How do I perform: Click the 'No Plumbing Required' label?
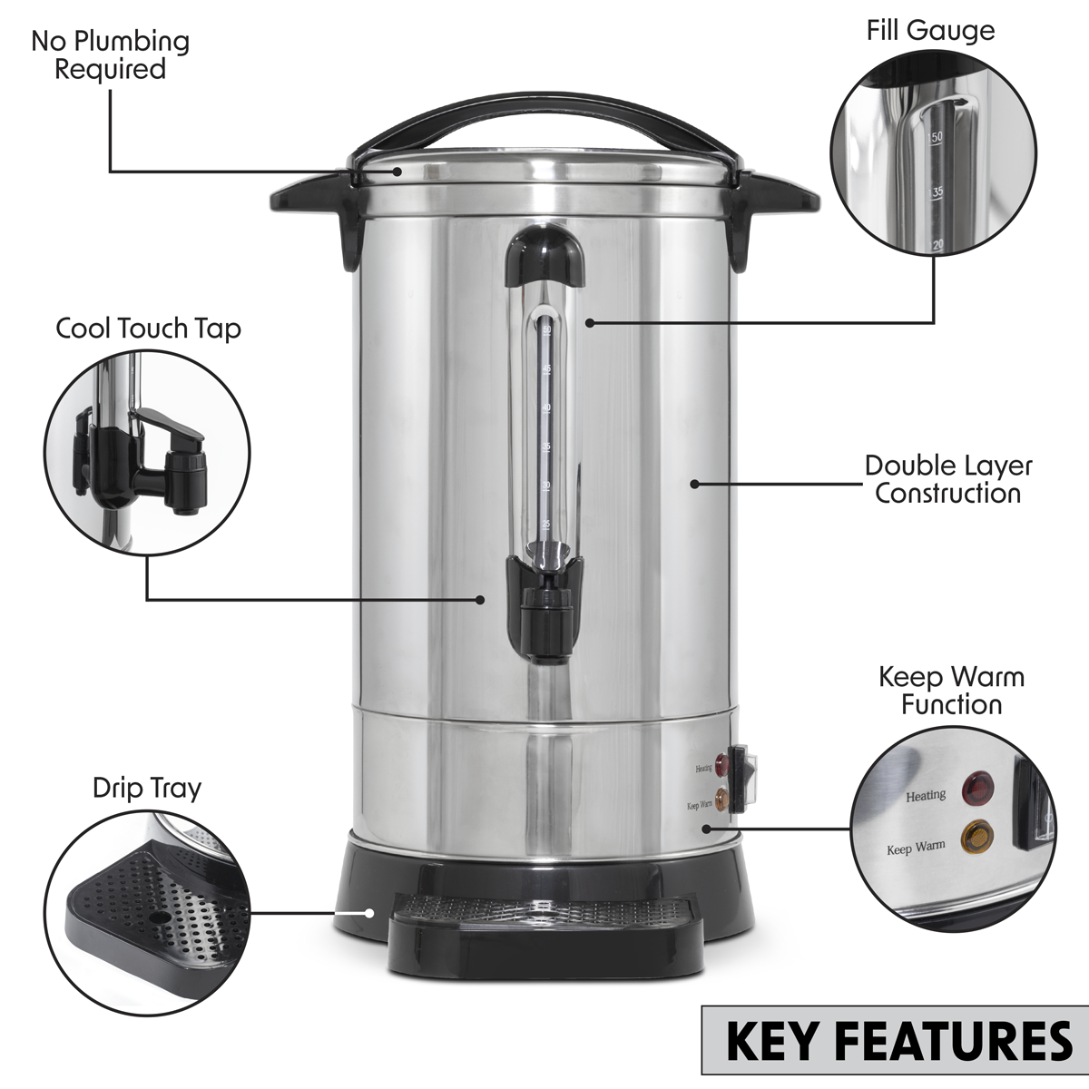coord(110,54)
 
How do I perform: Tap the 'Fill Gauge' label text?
coord(929,30)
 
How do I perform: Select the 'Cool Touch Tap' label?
coord(149,328)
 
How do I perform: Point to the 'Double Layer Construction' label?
coord(947,479)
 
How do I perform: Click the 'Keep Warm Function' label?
coord(951,690)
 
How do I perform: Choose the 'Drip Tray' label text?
coord(147,788)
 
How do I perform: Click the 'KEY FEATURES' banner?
coord(898,1041)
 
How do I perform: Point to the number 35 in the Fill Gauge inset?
coord(937,191)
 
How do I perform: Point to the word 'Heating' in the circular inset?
coord(926,796)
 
